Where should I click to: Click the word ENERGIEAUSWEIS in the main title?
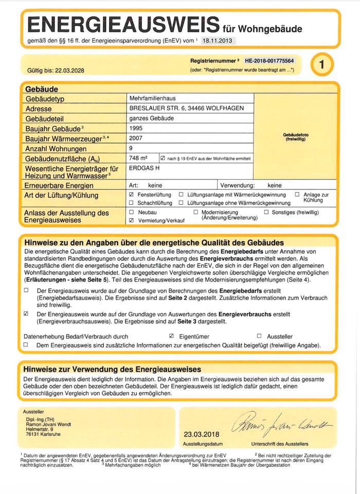pyautogui.click(x=122, y=24)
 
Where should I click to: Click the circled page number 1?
pyautogui.click(x=322, y=65)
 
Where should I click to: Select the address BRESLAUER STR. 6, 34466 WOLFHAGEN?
pyautogui.click(x=190, y=109)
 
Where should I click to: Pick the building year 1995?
pyautogui.click(x=136, y=128)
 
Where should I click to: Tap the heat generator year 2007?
pyautogui.click(x=136, y=138)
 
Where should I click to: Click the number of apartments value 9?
pyautogui.click(x=132, y=148)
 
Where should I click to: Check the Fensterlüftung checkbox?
pyautogui.click(x=132, y=195)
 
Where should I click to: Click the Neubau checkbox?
pyautogui.click(x=132, y=212)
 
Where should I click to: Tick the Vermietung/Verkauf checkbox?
pyautogui.click(x=132, y=220)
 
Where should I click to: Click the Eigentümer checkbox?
pyautogui.click(x=172, y=336)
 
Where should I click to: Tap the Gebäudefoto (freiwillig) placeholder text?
pyautogui.click(x=296, y=137)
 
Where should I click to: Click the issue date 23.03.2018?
pyautogui.click(x=201, y=434)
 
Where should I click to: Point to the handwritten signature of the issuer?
pyautogui.click(x=282, y=423)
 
